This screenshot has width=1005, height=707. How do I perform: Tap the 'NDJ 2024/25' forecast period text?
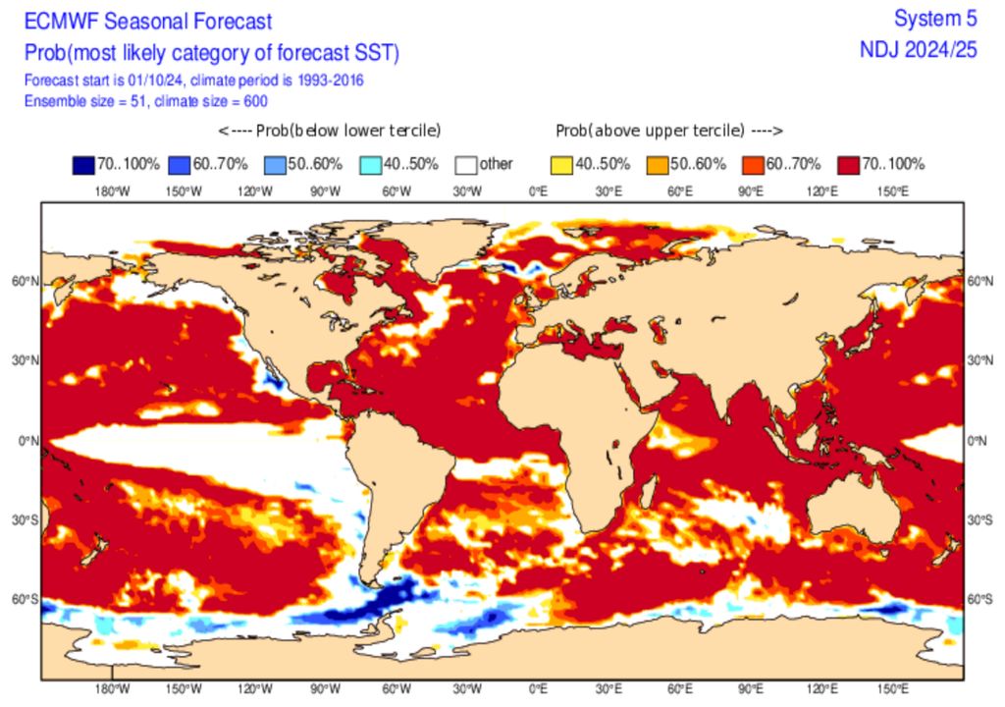(x=918, y=50)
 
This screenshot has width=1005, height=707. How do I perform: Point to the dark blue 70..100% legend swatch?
(x=81, y=164)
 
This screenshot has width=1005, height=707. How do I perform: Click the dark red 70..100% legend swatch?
(x=849, y=164)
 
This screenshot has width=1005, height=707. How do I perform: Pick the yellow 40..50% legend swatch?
(x=562, y=164)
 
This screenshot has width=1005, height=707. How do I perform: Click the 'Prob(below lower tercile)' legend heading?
(x=330, y=131)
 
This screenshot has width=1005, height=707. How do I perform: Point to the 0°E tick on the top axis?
(x=538, y=191)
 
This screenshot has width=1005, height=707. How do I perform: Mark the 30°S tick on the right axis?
(x=981, y=520)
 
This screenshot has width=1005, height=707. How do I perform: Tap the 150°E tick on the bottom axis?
(x=893, y=689)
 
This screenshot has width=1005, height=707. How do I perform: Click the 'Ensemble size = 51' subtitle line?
(x=145, y=100)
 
